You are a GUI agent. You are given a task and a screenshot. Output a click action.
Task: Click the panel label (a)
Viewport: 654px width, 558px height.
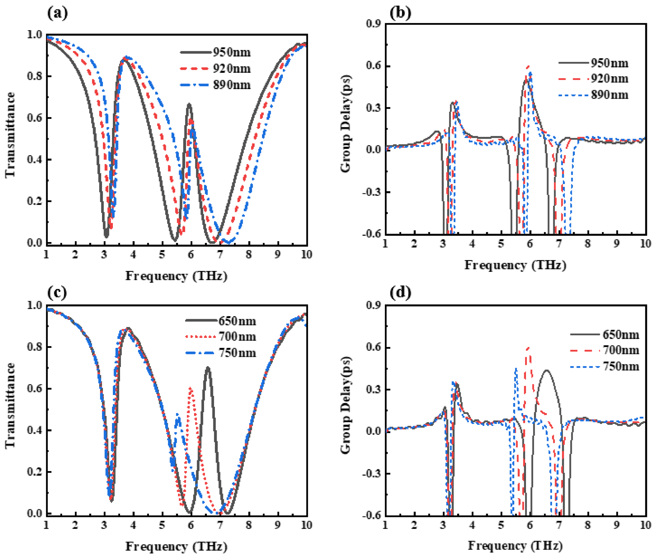pos(57,13)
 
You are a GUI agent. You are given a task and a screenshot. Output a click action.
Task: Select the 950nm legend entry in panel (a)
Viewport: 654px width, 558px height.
pos(232,52)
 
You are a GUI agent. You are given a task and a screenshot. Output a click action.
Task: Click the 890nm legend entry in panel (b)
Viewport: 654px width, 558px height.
pos(609,94)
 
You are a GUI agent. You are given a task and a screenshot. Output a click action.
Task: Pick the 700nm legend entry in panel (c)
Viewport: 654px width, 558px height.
pos(237,336)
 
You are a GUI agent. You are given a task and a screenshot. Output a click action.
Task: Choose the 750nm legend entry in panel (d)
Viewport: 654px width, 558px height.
pos(621,366)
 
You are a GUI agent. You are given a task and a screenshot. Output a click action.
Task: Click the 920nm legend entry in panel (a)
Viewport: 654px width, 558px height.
pos(232,69)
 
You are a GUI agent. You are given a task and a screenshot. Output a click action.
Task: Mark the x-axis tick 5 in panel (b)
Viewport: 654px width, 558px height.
pos(501,244)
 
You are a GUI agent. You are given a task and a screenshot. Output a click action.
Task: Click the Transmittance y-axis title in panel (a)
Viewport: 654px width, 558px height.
pos(11,135)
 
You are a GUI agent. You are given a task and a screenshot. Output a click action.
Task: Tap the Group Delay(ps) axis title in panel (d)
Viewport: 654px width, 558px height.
pos(346,406)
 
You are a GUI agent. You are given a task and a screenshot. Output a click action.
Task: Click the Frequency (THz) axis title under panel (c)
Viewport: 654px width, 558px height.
pos(176,546)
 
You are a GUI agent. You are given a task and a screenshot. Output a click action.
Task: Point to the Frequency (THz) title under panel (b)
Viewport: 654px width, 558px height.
pos(515,265)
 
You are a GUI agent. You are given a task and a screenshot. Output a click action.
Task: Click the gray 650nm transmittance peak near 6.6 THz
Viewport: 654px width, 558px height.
pos(207,367)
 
